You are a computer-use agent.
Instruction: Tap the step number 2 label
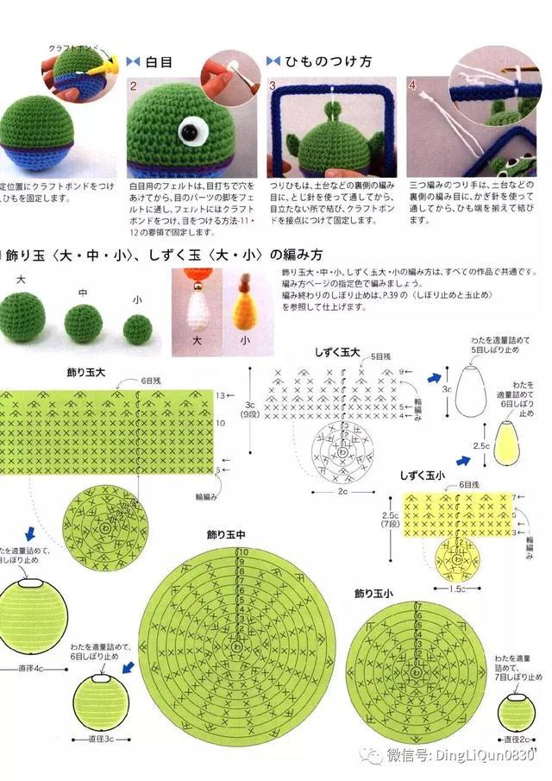pyautogui.click(x=134, y=86)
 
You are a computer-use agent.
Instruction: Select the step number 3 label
pyautogui.click(x=273, y=86)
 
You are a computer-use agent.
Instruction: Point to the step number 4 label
pyautogui.click(x=412, y=86)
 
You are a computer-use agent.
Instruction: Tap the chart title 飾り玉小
pyautogui.click(x=373, y=594)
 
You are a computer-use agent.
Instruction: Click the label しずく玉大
pyautogui.click(x=336, y=353)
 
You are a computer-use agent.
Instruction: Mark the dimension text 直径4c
pyautogui.click(x=36, y=668)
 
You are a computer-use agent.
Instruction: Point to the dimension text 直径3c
pyautogui.click(x=104, y=739)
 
